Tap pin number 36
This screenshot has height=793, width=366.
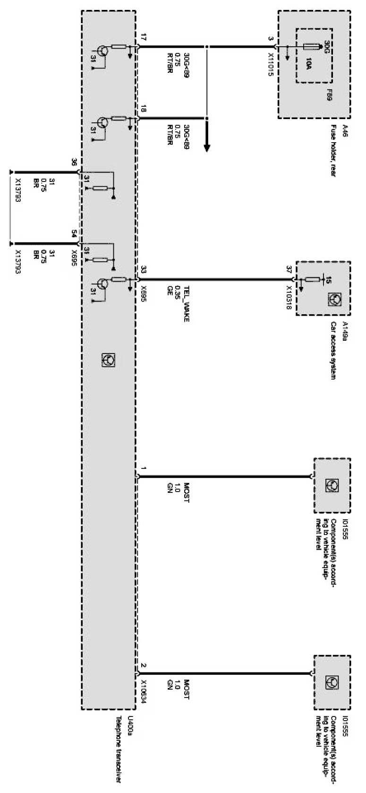[74, 163]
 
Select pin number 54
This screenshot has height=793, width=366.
[74, 233]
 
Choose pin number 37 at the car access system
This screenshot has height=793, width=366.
[289, 270]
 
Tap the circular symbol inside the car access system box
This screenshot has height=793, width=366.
[332, 299]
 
